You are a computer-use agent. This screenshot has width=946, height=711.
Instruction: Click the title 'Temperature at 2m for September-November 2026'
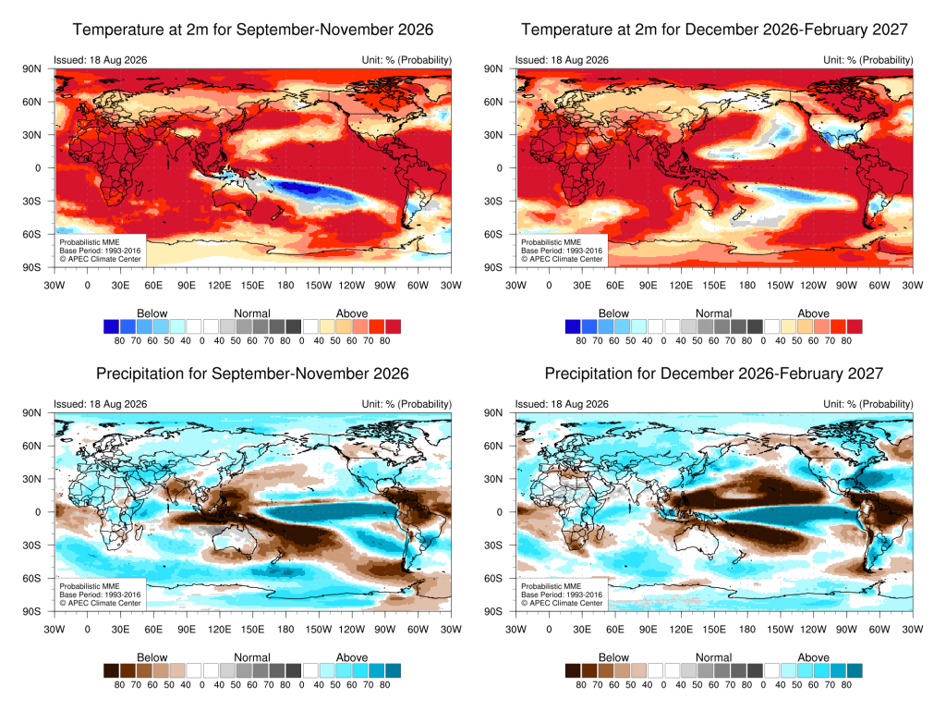tap(253, 30)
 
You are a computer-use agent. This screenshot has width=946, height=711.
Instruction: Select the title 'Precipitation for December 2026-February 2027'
tap(714, 374)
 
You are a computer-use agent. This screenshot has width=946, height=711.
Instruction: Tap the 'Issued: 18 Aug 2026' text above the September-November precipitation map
tap(100, 404)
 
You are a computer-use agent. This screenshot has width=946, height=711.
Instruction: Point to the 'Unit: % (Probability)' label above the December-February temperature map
tap(868, 60)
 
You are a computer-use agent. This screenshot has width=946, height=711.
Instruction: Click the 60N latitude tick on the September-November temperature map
tap(32, 102)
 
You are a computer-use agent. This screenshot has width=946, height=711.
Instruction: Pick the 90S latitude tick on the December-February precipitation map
tap(493, 611)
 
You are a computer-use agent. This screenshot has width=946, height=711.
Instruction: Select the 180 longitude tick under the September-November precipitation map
tap(285, 629)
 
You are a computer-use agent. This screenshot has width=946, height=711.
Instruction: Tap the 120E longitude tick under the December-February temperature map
tap(681, 285)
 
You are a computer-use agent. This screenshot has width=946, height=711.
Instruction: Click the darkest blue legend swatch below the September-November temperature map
tap(111, 326)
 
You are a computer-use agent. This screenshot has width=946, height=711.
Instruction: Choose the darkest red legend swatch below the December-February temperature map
tap(855, 326)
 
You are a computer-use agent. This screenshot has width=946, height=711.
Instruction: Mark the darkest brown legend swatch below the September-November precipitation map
tap(111, 670)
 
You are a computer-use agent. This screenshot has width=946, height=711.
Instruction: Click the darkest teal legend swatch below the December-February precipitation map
tap(855, 670)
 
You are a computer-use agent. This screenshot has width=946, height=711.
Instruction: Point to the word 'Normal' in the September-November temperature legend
tap(252, 313)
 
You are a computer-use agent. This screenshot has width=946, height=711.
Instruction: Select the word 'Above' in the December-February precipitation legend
tap(813, 657)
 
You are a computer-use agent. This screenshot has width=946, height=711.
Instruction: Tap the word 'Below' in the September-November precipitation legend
tap(152, 657)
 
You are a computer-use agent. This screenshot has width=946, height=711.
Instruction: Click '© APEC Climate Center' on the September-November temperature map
tap(100, 259)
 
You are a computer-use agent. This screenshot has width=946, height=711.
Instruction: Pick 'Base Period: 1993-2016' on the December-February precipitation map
tap(562, 595)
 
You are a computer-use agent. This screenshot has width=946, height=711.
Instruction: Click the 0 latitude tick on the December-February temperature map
tap(499, 168)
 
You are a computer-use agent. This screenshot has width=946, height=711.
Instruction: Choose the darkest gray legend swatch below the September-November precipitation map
tap(293, 670)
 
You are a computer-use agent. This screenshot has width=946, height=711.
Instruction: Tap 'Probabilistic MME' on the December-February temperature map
tap(552, 242)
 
